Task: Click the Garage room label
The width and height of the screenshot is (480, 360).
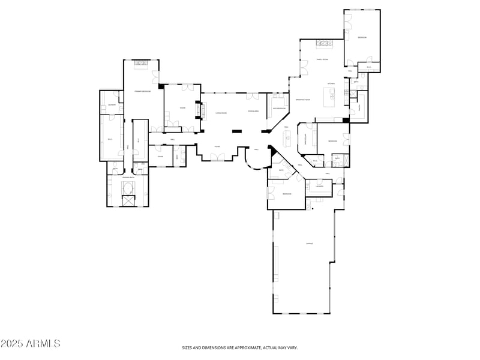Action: (310, 244)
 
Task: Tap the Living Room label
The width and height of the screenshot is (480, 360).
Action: (221, 113)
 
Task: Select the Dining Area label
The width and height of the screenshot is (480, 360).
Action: (253, 112)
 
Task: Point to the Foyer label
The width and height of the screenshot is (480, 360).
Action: (217, 146)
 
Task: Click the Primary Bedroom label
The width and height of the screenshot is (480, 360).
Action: (142, 91)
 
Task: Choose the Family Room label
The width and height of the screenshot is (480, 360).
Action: (322, 59)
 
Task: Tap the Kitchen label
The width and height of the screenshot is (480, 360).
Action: (331, 83)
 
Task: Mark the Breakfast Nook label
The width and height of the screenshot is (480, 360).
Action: (302, 100)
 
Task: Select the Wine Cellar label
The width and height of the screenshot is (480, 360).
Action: (305, 142)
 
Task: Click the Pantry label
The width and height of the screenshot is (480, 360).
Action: (359, 107)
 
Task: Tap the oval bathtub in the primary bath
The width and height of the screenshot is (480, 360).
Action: (128, 190)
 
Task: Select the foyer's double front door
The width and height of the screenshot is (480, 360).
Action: (217, 158)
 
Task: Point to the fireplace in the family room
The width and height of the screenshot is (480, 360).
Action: (324, 44)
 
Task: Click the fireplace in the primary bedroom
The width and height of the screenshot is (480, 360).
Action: (142, 63)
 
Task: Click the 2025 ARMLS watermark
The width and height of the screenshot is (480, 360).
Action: (31, 344)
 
